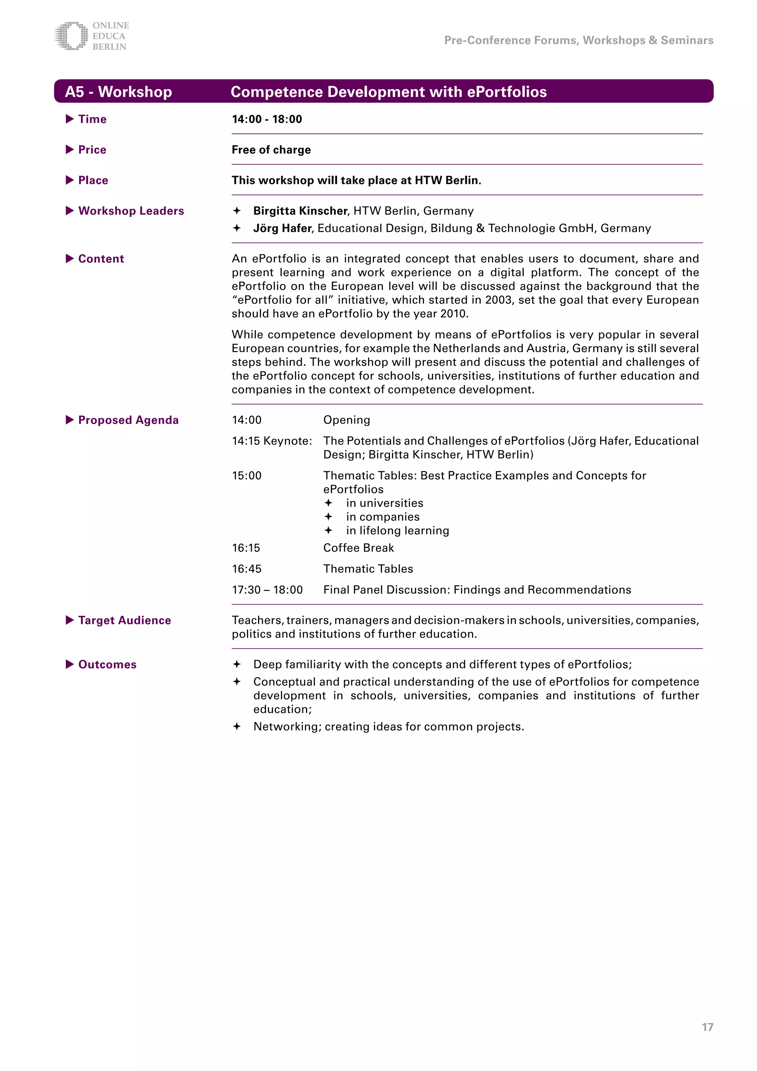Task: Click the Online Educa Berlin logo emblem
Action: click(x=71, y=36)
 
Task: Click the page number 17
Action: click(x=707, y=1027)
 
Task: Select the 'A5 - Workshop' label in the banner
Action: click(x=118, y=92)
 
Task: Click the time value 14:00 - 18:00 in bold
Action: click(x=267, y=119)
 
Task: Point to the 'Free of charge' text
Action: click(x=271, y=150)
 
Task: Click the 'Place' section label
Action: click(x=93, y=180)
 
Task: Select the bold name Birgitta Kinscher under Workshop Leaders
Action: click(x=300, y=211)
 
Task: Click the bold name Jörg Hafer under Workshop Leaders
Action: click(x=282, y=228)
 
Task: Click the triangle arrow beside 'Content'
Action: click(x=70, y=259)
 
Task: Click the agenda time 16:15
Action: click(x=246, y=548)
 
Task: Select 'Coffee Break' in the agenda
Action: click(x=359, y=548)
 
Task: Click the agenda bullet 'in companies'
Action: click(x=382, y=517)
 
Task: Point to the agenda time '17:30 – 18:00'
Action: click(x=267, y=590)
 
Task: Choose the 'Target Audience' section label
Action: click(x=125, y=621)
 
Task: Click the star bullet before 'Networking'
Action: click(x=237, y=726)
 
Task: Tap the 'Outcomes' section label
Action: click(x=107, y=665)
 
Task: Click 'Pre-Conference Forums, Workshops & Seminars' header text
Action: click(x=578, y=41)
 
